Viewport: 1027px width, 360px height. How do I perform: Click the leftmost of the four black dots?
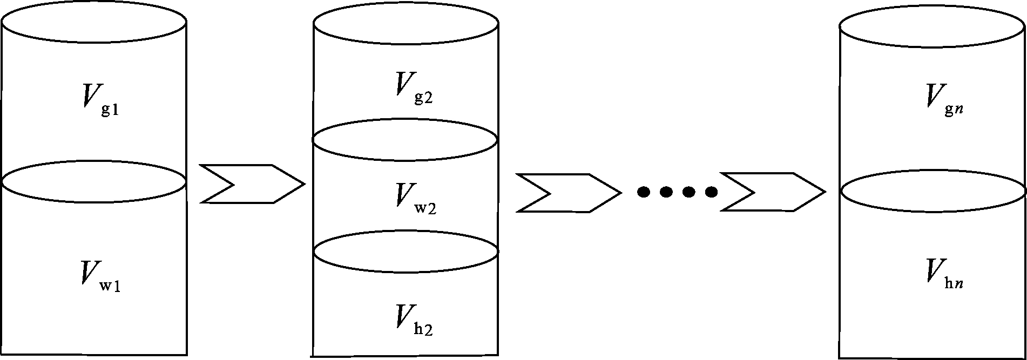(643, 192)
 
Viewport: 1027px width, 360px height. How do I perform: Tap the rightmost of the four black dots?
(711, 192)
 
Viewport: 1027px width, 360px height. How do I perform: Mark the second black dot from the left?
(666, 192)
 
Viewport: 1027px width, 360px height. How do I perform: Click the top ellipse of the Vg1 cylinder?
(94, 22)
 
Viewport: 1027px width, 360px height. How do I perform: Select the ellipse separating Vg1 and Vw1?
(94, 182)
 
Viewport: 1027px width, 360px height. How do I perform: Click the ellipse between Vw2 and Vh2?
(406, 252)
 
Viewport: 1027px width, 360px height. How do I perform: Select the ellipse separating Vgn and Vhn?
(933, 191)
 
